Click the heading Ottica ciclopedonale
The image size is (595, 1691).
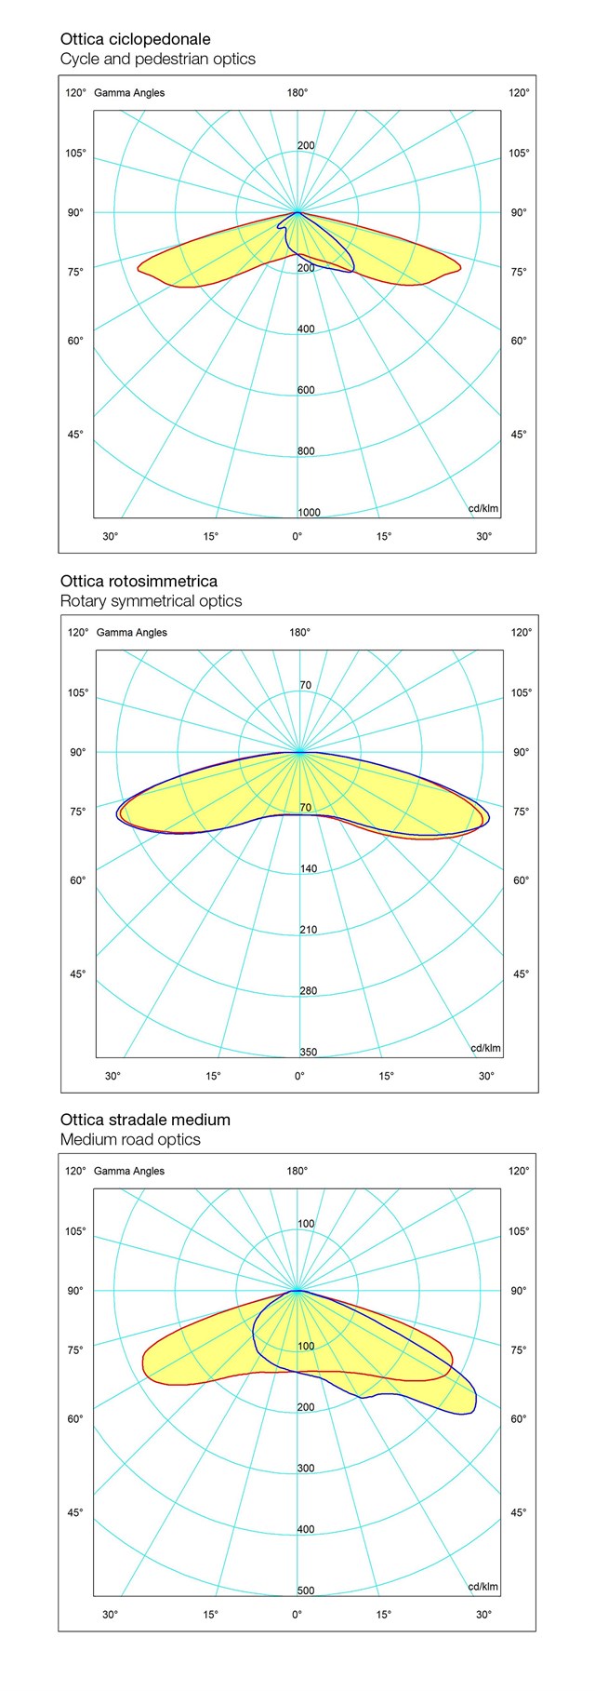point(135,39)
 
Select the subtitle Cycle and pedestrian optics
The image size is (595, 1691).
point(157,60)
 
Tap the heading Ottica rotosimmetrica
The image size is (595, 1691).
point(139,581)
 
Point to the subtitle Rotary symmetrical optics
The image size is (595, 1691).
point(151,601)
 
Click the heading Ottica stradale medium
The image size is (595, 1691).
point(145,1120)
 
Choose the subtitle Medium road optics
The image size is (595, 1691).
point(130,1140)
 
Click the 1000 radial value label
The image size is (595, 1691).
point(309,513)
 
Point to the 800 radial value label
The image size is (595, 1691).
point(306,451)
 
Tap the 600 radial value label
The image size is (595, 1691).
point(306,390)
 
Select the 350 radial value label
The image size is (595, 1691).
point(308,1053)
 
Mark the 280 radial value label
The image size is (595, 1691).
point(308,991)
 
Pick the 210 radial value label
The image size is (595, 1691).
point(308,930)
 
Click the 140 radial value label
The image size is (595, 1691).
point(308,868)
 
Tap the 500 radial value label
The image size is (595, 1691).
point(306,1590)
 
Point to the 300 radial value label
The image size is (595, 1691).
point(306,1468)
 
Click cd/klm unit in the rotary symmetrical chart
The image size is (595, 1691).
point(485,1048)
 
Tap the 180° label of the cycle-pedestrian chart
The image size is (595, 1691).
point(297,92)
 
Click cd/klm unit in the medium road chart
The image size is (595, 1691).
point(483,1587)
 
